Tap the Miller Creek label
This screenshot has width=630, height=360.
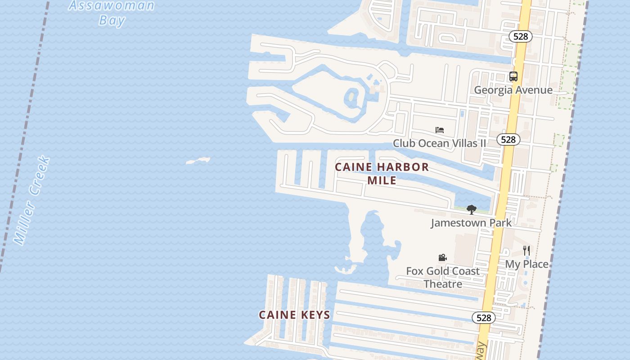pos(32,200)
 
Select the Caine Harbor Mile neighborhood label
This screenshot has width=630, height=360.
pos(382,173)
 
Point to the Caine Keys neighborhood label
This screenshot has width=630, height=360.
pos(294,315)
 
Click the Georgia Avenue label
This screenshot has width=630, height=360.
pos(513,90)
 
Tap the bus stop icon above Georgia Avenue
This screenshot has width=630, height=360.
pos(513,76)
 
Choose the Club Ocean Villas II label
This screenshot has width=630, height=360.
pos(439,143)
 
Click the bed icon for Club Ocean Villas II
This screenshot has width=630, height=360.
pos(440,130)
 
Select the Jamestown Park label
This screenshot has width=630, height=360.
pos(471,223)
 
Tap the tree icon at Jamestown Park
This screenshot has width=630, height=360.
pos(471,209)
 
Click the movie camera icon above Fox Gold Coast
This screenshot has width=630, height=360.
pos(442,257)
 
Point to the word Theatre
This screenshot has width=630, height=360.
pos(443,284)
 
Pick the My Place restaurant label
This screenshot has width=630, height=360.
pos(526,264)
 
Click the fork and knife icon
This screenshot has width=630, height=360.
pos(526,251)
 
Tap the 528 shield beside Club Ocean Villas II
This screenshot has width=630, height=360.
pos(508,139)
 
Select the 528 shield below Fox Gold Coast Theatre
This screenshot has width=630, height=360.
pos(483,318)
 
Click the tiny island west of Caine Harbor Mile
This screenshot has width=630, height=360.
pos(198,160)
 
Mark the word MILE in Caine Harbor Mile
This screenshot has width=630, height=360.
pos(382,180)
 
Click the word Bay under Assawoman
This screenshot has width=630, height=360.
pos(112,20)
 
